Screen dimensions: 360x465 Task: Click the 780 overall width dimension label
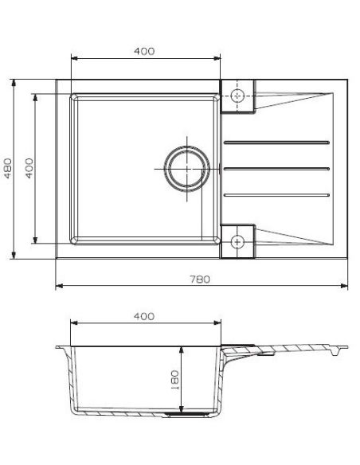click(200, 279)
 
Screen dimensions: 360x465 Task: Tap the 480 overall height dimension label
click(8, 168)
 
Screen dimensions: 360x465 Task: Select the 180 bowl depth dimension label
click(175, 380)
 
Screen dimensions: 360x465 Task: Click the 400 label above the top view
click(144, 51)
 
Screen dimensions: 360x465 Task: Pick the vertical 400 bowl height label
click(29, 168)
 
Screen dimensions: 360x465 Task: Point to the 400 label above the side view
click(144, 316)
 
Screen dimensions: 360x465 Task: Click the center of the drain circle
click(187, 169)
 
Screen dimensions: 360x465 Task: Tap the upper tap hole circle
click(237, 96)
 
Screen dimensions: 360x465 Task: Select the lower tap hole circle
click(237, 242)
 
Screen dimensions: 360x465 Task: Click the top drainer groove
click(276, 143)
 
